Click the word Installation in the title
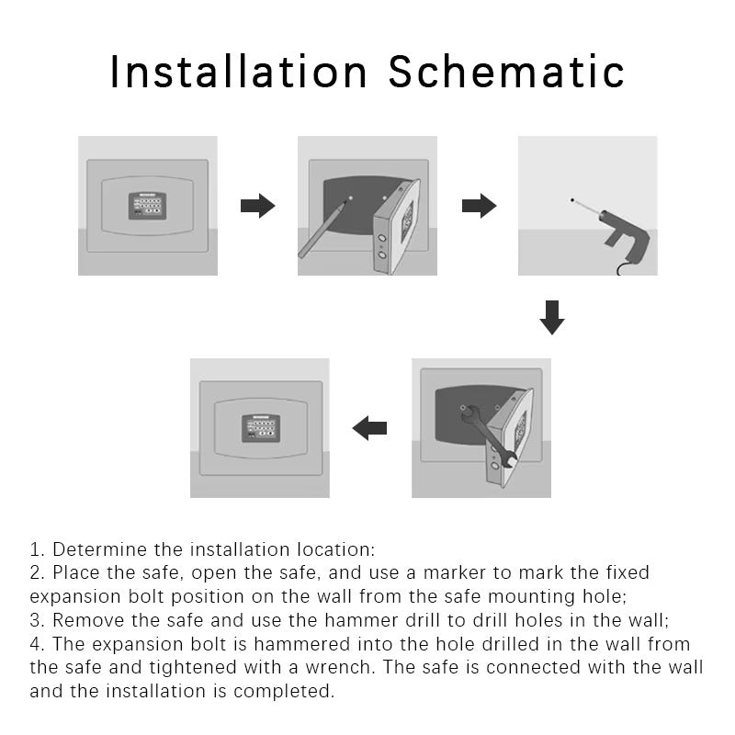238,72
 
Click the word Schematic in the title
506,72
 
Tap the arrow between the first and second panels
257,206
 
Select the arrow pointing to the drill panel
479,206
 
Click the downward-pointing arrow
552,317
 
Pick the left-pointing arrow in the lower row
369,428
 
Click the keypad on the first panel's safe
147,206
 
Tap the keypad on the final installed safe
261,428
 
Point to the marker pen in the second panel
324,228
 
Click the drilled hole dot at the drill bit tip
572,200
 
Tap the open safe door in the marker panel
396,227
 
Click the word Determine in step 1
99,549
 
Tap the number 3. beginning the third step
37,620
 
